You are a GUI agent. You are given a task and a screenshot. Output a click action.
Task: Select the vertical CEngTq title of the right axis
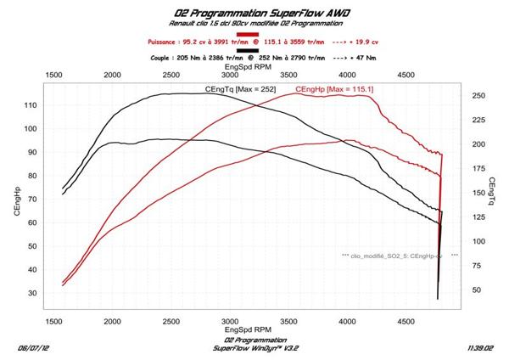point(493,193)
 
